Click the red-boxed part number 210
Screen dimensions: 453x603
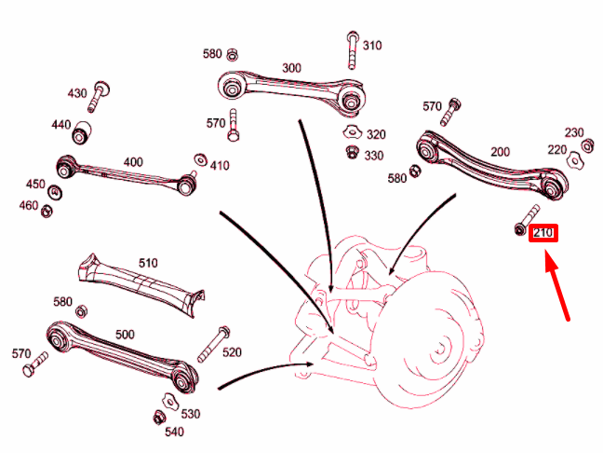tap(543, 232)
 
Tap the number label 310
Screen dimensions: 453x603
tap(371, 45)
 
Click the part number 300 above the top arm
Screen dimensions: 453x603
tap(291, 68)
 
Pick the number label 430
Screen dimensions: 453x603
tap(77, 93)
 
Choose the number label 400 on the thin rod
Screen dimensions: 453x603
tap(133, 162)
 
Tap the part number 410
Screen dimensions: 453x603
tap(220, 166)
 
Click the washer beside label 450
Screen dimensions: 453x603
tap(56, 192)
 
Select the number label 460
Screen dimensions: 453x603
tap(30, 205)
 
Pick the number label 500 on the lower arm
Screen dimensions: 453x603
tap(125, 333)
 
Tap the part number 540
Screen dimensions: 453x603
tap(174, 432)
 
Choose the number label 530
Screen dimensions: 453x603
tap(189, 413)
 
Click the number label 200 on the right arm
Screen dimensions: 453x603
tap(500, 151)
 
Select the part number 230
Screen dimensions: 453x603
tap(574, 132)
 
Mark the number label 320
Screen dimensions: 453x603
tap(376, 134)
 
